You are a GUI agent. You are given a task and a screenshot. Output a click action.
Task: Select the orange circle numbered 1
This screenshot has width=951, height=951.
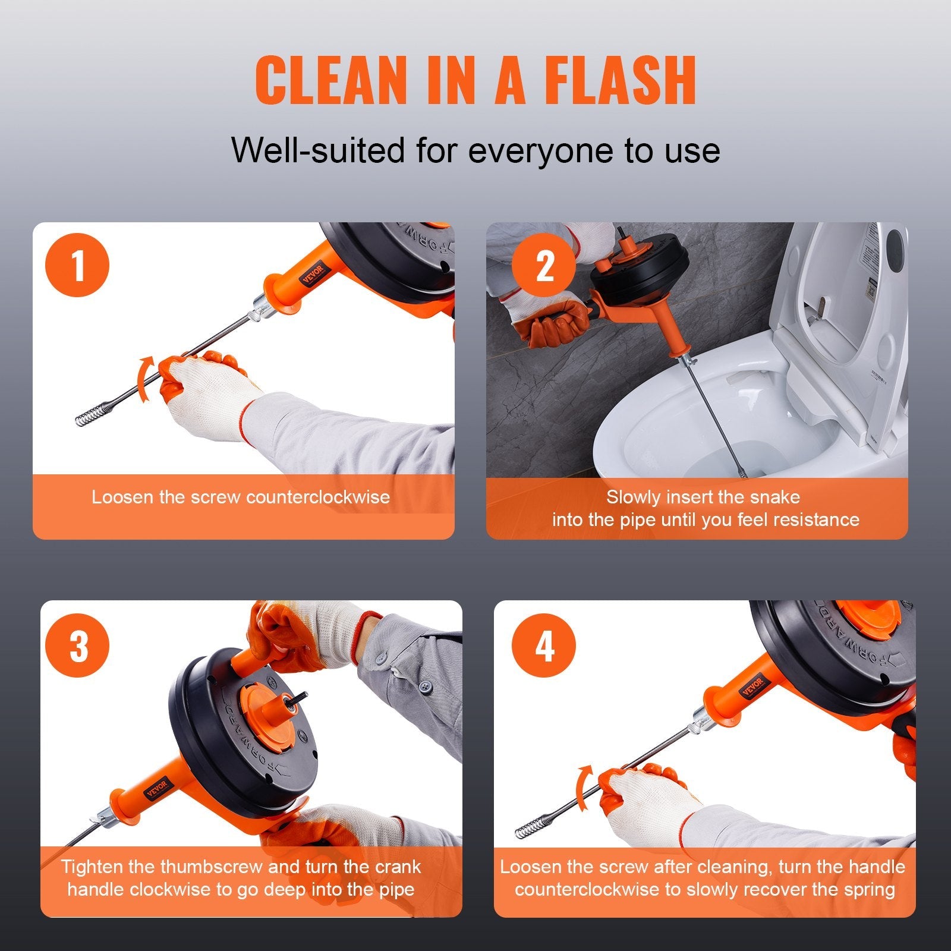click(x=77, y=265)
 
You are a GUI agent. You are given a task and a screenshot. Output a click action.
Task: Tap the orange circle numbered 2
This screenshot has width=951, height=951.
click(x=544, y=265)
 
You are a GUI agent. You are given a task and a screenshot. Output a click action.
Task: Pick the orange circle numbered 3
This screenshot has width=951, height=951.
click(x=78, y=644)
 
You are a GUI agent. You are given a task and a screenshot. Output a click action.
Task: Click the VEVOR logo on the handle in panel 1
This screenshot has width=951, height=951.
click(x=313, y=274)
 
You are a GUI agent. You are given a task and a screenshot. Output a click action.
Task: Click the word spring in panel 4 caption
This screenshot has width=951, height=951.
click(x=868, y=889)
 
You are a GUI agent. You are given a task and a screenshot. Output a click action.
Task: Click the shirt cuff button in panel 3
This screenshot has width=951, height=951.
click(x=425, y=687)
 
